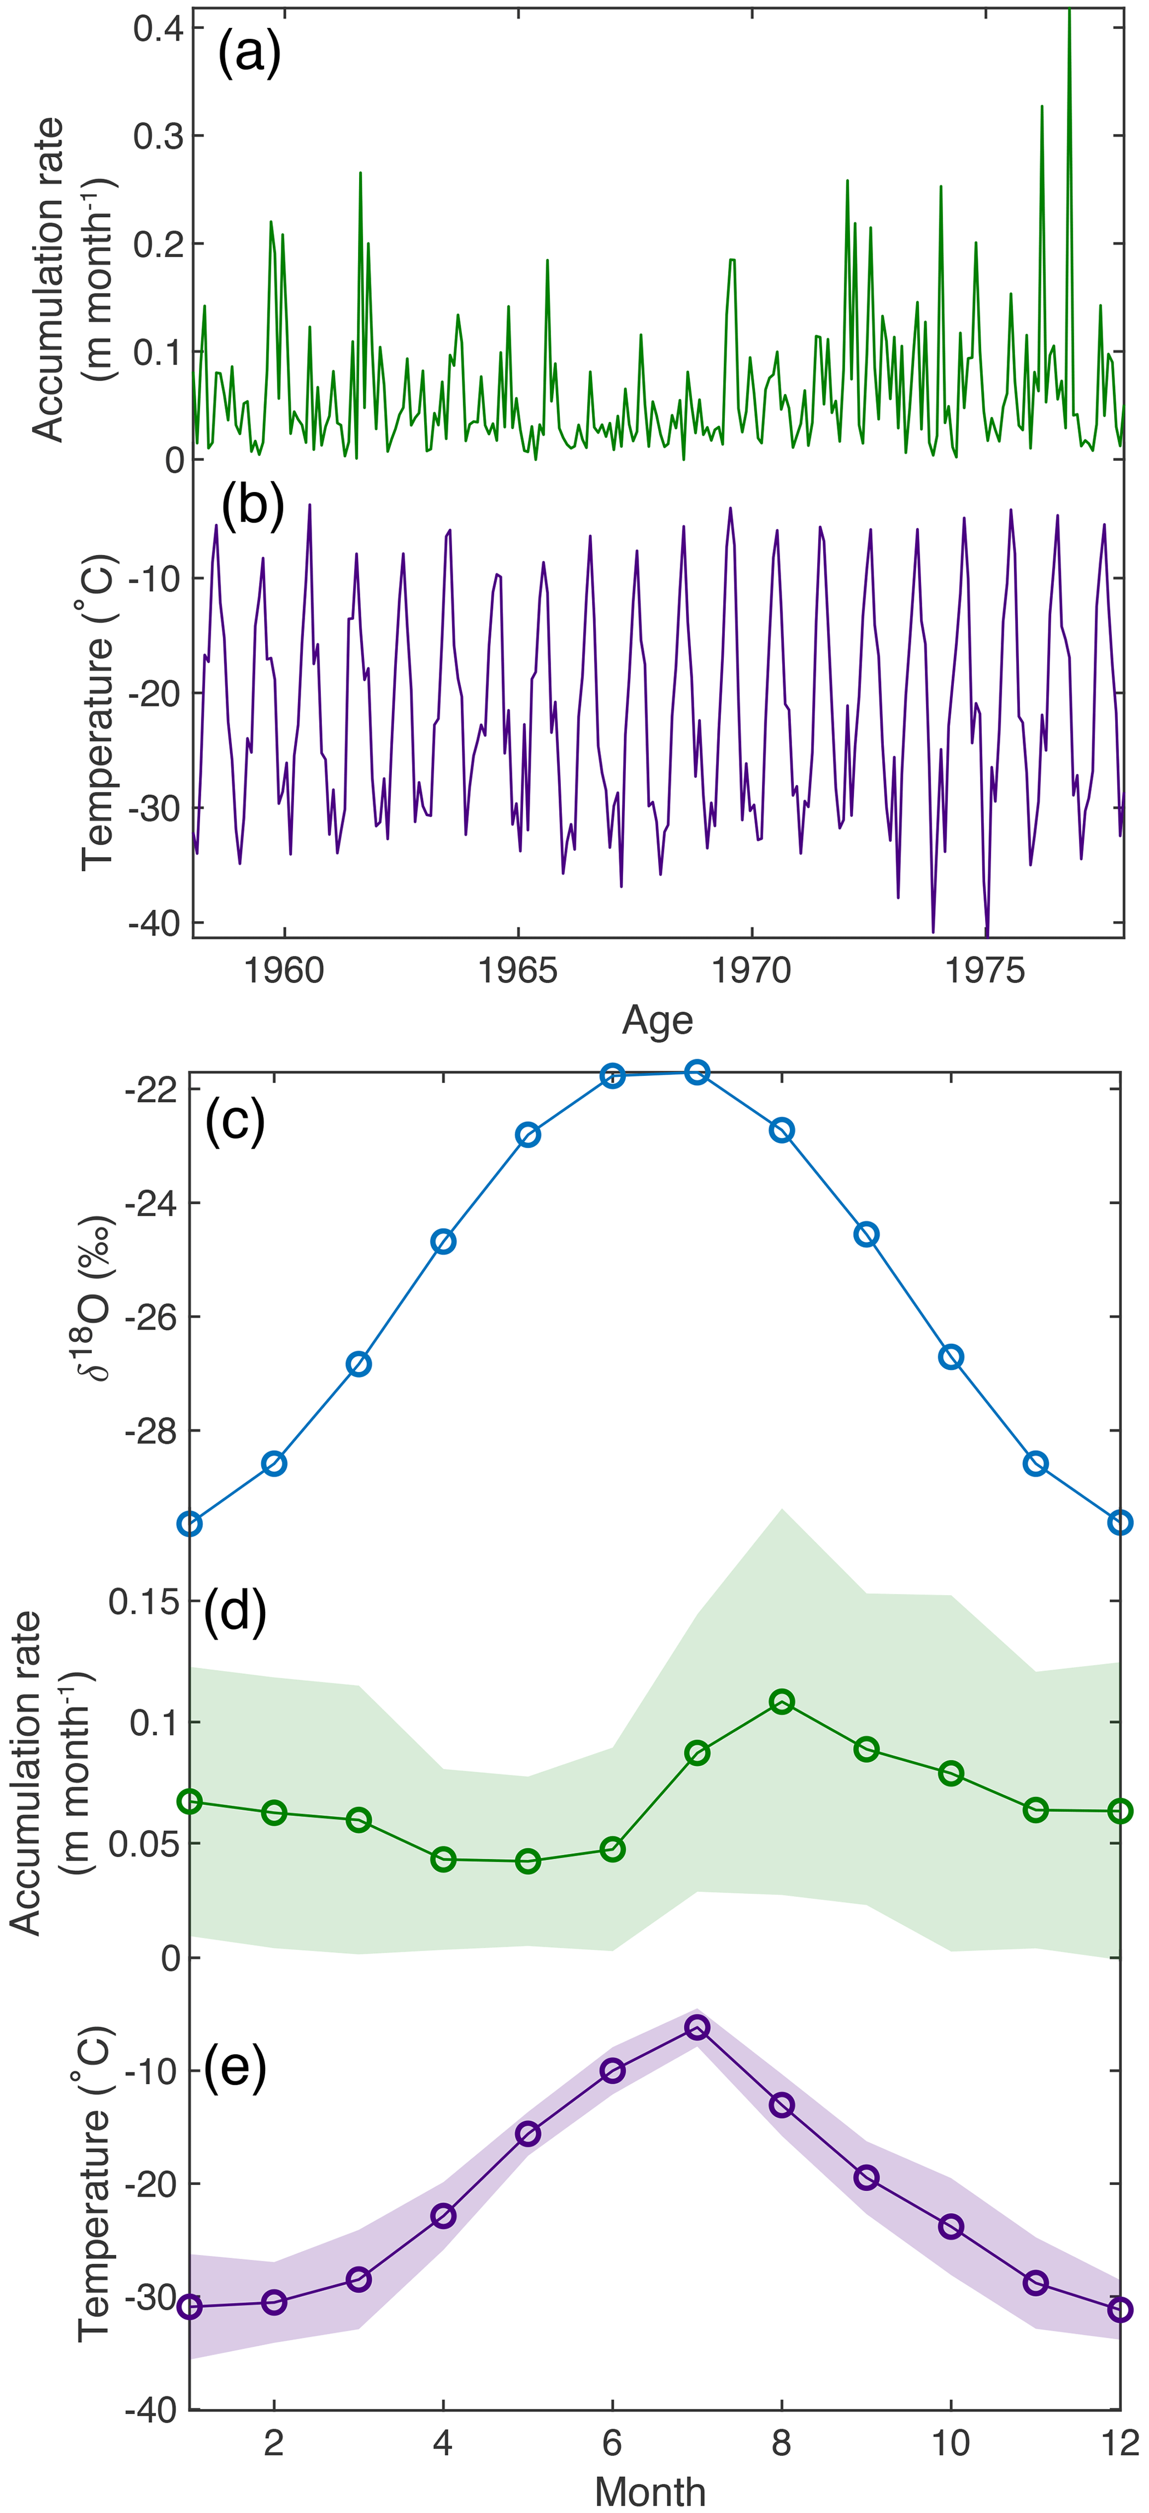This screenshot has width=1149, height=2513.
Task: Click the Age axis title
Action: point(658,1020)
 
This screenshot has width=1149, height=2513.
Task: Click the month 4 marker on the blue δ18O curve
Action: point(444,1242)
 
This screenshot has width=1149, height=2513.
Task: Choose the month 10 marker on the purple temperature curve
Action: point(951,2227)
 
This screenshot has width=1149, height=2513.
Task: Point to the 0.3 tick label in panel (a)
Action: point(158,136)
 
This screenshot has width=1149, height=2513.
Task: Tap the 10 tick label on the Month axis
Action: point(951,2443)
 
